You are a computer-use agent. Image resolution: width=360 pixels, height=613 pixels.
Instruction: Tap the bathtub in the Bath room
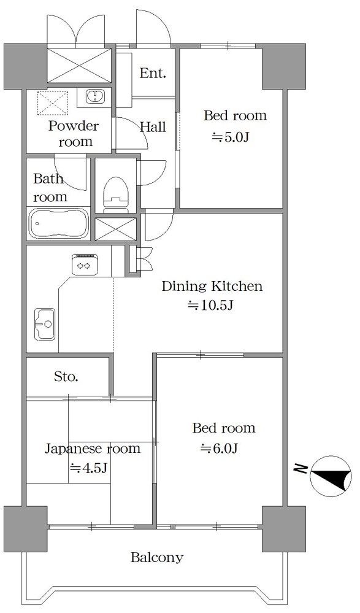(x=59, y=223)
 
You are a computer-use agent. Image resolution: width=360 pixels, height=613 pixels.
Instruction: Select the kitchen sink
(x=45, y=324)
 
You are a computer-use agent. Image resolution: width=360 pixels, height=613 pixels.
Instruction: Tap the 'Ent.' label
(x=153, y=73)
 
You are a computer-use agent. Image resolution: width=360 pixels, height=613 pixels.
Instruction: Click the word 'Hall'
(x=153, y=126)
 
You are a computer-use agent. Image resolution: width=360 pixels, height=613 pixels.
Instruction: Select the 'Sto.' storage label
(x=66, y=377)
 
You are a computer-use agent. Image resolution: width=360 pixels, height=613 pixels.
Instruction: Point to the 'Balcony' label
(x=157, y=557)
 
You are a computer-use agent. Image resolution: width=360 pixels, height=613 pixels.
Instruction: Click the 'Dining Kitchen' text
(x=212, y=286)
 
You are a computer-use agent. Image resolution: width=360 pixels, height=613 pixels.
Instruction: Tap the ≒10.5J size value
(x=211, y=306)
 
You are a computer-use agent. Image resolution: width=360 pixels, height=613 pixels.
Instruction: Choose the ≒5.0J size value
(x=231, y=137)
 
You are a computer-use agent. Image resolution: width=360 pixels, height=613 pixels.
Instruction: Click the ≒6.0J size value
(x=220, y=449)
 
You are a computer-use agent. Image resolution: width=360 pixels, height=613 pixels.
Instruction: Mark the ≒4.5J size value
(x=88, y=468)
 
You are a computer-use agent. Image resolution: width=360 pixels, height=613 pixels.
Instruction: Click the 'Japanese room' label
(x=92, y=448)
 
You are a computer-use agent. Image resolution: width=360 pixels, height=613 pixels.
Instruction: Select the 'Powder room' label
(x=74, y=133)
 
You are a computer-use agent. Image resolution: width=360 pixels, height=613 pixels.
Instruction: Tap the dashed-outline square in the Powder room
(x=53, y=103)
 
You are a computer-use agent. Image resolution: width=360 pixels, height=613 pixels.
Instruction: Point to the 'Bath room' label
(x=50, y=188)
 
